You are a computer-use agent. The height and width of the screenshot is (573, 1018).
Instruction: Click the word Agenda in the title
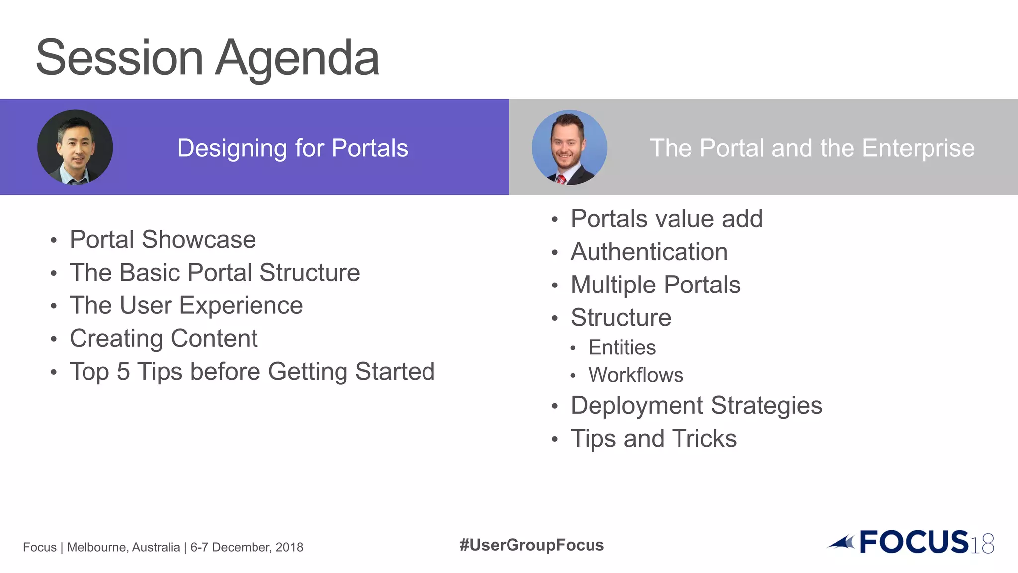[297, 59]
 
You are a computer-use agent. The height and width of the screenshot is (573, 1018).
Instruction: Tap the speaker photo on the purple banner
[75, 147]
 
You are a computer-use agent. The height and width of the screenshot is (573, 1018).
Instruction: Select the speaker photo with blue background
[570, 147]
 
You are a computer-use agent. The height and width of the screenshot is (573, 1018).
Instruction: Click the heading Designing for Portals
[292, 148]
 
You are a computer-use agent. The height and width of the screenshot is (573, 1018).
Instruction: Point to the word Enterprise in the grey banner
[918, 148]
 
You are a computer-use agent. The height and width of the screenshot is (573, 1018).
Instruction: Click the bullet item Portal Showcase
[163, 240]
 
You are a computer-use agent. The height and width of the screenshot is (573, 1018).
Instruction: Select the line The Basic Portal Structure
[215, 273]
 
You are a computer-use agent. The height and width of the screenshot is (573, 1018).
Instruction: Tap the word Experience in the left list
[241, 305]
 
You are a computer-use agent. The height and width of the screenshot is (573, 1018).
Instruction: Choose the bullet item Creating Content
[164, 339]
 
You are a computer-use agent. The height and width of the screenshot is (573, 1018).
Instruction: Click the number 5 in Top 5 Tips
[123, 372]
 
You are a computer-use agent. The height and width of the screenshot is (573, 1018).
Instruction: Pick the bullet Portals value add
[666, 219]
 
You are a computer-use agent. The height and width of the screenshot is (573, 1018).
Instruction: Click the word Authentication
[649, 252]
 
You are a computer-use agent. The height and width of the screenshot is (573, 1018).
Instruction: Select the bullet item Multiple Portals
[655, 285]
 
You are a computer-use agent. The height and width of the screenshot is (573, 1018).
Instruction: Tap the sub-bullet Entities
[622, 347]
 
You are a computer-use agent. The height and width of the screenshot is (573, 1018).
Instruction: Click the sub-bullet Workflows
[636, 375]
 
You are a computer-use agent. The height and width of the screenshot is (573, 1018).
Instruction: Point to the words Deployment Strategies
[696, 406]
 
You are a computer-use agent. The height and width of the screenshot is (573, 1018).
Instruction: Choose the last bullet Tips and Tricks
[653, 439]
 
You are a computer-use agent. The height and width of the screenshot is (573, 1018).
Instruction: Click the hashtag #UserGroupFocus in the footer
[531, 545]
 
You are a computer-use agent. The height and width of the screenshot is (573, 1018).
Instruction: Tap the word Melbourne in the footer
[98, 547]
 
